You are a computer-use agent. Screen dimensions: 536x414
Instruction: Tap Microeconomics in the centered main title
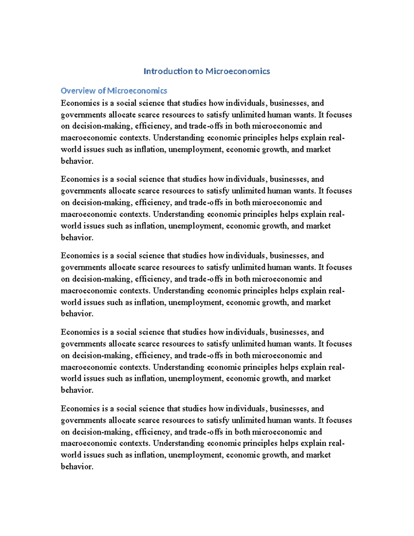pos(238,71)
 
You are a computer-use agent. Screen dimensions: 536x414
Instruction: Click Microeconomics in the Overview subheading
pos(137,91)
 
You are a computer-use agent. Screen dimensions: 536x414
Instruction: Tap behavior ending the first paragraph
pos(77,161)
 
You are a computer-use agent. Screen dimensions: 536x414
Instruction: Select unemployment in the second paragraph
pos(195,226)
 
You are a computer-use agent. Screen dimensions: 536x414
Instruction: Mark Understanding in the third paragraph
pos(179,291)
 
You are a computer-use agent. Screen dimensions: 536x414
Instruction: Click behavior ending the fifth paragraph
pos(77,467)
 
